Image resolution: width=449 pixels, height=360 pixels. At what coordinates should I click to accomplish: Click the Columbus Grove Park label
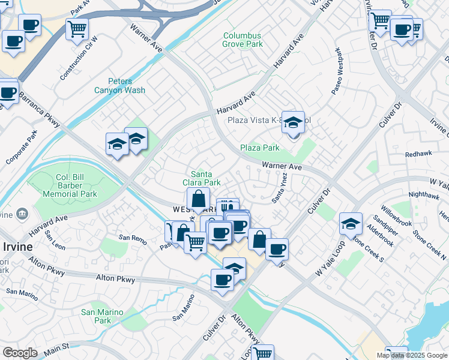click(x=243, y=40)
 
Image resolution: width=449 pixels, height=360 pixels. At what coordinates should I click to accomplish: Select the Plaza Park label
click(x=260, y=148)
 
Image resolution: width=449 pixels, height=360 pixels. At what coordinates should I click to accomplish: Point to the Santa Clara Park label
click(x=202, y=178)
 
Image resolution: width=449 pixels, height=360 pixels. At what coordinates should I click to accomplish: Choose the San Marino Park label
click(x=102, y=316)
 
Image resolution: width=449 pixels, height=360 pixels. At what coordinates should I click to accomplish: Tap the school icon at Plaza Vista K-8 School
click(x=293, y=122)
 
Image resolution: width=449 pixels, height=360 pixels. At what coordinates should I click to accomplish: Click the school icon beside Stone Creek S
click(x=351, y=224)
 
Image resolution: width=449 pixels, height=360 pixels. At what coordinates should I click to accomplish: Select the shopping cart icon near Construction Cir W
click(x=77, y=29)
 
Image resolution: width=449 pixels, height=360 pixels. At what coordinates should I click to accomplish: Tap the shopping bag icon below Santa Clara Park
click(x=198, y=199)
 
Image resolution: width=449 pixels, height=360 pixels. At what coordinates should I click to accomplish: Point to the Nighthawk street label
click(x=419, y=194)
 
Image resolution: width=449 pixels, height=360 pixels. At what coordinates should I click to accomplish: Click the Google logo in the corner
click(x=20, y=353)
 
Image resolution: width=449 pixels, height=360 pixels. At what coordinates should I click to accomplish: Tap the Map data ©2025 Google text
click(x=412, y=355)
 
